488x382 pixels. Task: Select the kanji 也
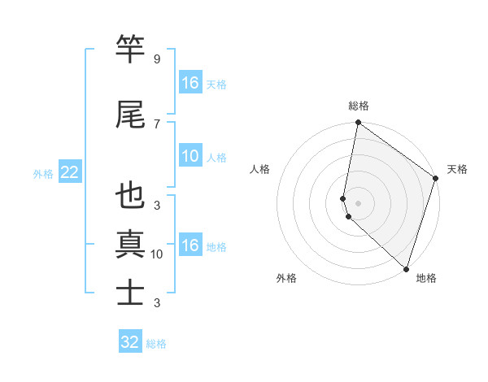[x=131, y=197]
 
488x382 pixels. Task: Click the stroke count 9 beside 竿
[x=156, y=59]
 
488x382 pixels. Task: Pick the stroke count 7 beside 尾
[x=156, y=124]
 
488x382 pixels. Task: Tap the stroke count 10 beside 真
[x=157, y=254]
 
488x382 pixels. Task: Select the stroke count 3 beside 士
[x=156, y=303]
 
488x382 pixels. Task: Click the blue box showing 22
[x=69, y=172]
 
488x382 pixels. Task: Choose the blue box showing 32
[x=130, y=342]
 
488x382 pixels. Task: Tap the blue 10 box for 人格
[x=190, y=156]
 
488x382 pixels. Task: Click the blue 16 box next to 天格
[x=190, y=83]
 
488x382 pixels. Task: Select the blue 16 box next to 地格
[x=190, y=245]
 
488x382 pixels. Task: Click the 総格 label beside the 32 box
[x=156, y=344]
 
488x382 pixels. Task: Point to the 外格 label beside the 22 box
[x=43, y=173]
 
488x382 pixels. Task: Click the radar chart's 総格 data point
[x=358, y=123]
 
